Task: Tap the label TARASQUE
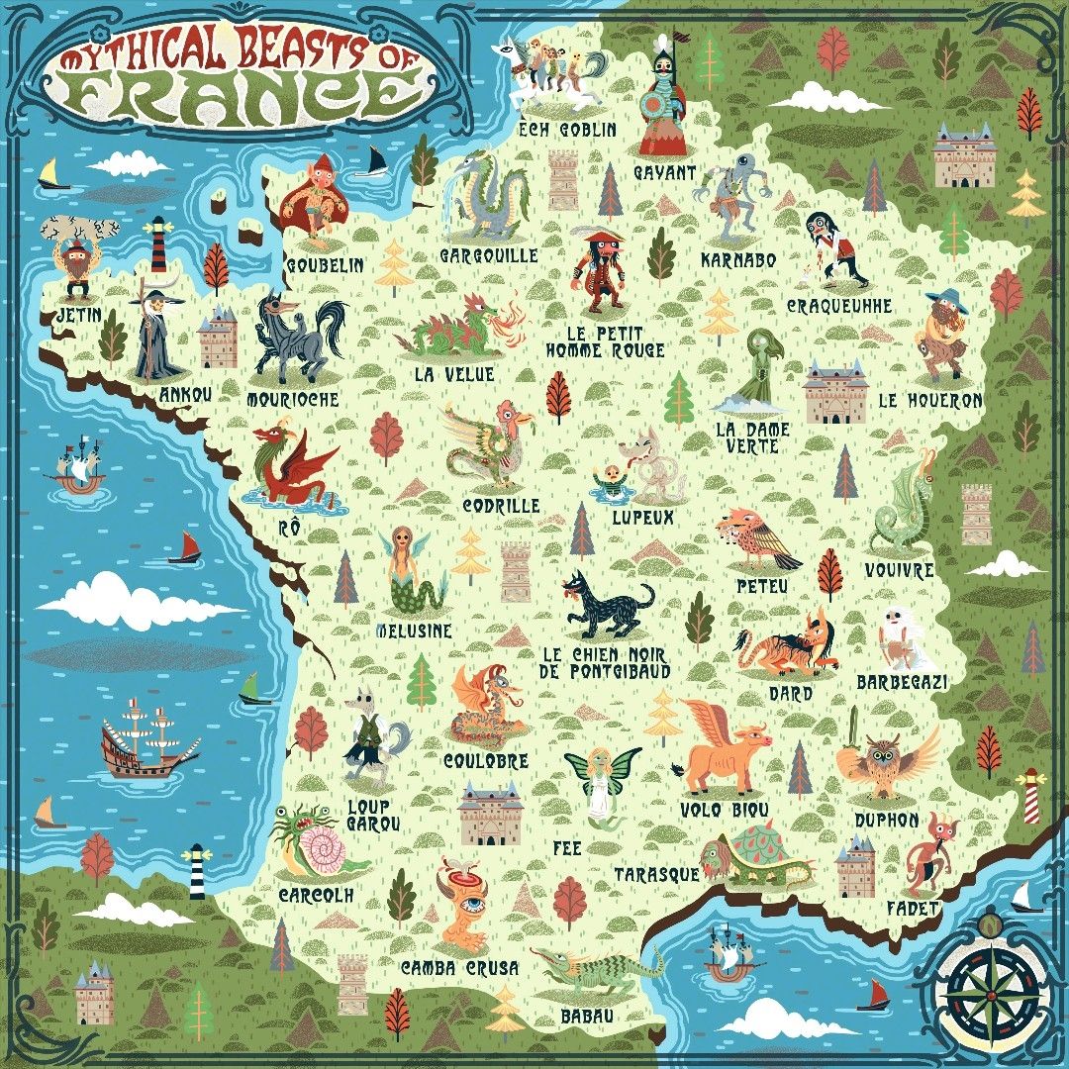click(656, 875)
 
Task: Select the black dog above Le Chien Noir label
click(607, 606)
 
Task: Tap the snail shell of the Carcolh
click(324, 850)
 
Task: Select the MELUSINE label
click(414, 631)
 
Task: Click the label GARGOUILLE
click(489, 256)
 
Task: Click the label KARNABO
click(737, 260)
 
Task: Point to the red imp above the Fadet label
click(927, 854)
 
